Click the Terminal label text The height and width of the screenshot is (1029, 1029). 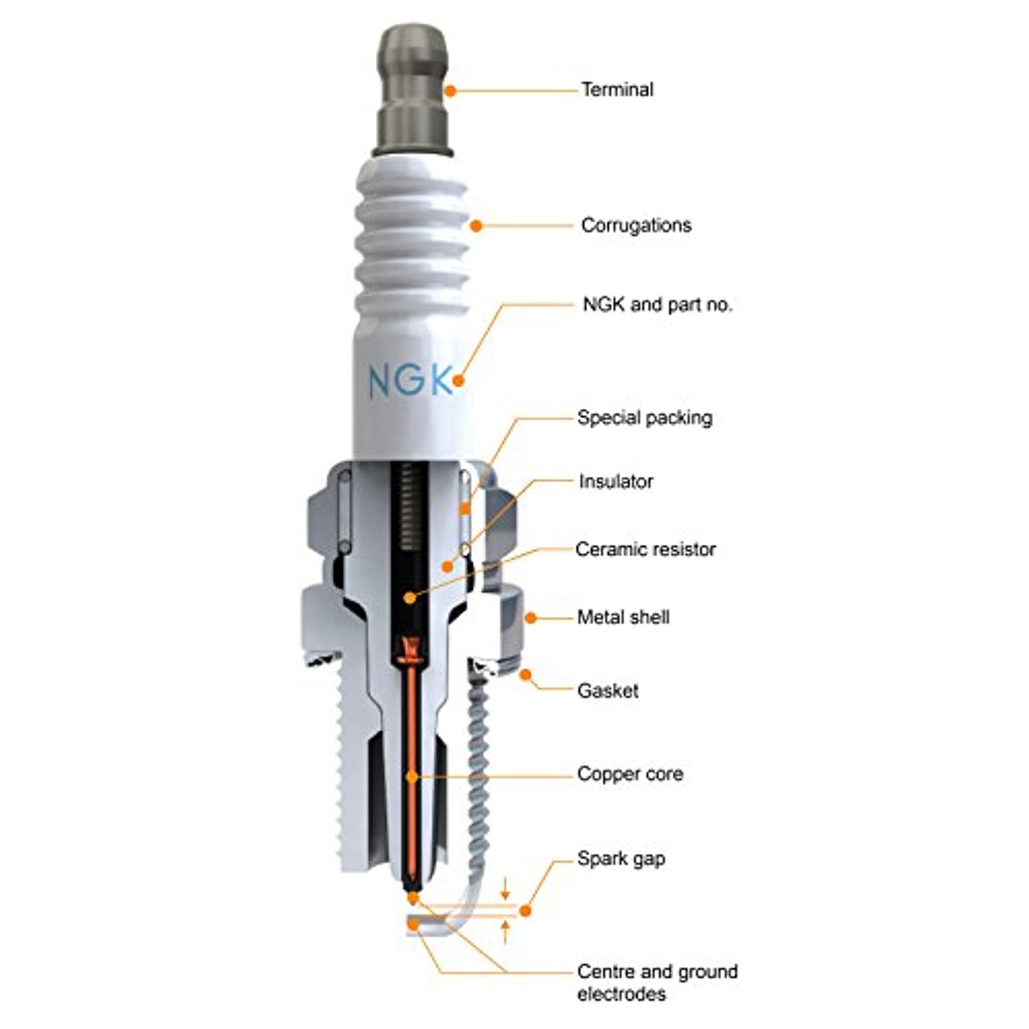click(617, 89)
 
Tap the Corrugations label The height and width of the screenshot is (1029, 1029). click(636, 226)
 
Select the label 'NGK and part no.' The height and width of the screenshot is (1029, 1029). click(657, 304)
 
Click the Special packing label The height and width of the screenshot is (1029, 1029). click(645, 418)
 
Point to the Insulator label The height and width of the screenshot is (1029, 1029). click(615, 482)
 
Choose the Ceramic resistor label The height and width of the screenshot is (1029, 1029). click(646, 549)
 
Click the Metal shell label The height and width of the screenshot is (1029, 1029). click(623, 617)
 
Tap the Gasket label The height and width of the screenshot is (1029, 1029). click(608, 690)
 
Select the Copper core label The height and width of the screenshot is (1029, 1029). click(630, 774)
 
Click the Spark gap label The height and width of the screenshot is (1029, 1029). click(621, 859)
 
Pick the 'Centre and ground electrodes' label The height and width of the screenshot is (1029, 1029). click(657, 982)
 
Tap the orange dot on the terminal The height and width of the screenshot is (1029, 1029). click(450, 91)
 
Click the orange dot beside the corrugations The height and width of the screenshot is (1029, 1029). click(476, 225)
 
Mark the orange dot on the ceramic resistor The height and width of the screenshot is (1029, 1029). click(410, 598)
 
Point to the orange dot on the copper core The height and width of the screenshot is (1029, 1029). click(412, 777)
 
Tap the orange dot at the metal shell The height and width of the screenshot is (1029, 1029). click(530, 617)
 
